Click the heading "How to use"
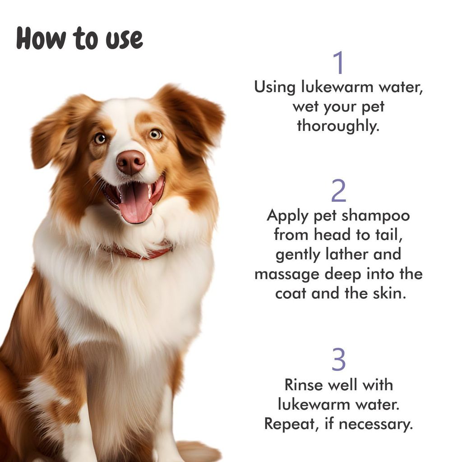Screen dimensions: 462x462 pos(79,39)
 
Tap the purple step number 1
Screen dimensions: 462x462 pos(338,64)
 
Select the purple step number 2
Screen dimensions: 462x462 pos(338,191)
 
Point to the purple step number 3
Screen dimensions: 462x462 pos(338,360)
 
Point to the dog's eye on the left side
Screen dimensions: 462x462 pos(99,139)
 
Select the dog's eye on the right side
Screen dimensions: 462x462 pos(155,134)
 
